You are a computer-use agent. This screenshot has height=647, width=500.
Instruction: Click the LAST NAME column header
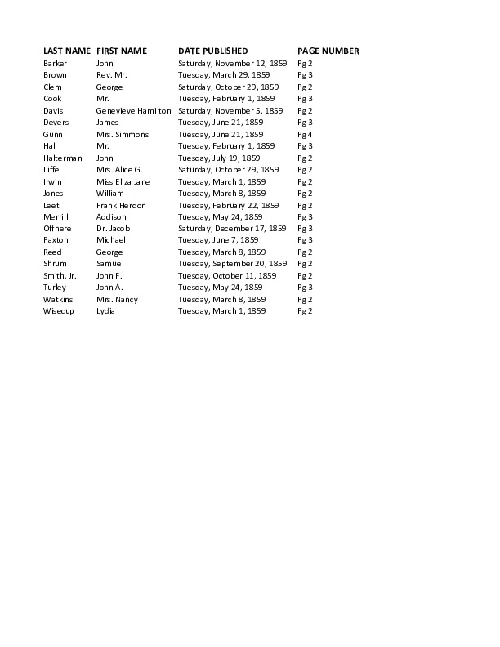(x=66, y=51)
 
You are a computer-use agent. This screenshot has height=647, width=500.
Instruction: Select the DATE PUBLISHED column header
(x=212, y=51)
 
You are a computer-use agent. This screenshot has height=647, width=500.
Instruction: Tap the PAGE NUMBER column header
(x=328, y=51)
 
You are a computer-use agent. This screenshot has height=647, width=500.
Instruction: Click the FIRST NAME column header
(x=122, y=51)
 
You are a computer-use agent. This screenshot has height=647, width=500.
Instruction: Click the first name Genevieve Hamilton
(x=134, y=110)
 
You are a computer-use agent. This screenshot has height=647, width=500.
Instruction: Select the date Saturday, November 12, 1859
(x=232, y=63)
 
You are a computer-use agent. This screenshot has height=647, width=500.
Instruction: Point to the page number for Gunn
(x=305, y=134)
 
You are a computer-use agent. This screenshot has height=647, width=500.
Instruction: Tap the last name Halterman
(x=63, y=158)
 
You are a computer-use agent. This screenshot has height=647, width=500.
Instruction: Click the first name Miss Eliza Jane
(x=123, y=181)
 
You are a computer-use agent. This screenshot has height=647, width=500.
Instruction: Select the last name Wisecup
(x=59, y=311)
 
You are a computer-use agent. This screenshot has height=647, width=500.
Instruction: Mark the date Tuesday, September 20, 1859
(x=232, y=264)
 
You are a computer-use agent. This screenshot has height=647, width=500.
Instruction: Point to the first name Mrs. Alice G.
(x=119, y=170)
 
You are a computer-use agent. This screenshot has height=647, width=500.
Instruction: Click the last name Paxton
(x=56, y=240)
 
